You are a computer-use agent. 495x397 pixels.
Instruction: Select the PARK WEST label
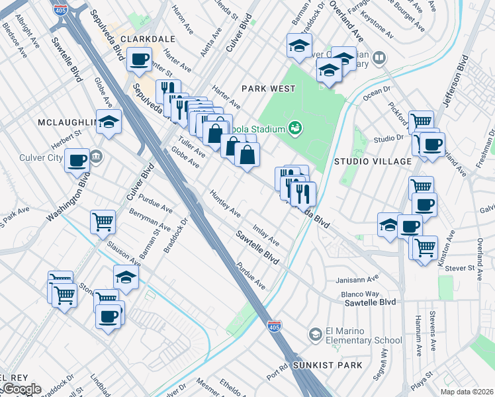(x=266, y=88)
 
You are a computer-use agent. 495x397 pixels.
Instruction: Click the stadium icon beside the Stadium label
(x=296, y=128)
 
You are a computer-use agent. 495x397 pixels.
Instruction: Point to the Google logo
(x=21, y=389)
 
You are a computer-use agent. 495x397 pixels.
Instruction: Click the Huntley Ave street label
(x=225, y=203)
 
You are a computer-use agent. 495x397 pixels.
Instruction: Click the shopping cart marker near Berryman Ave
(x=103, y=223)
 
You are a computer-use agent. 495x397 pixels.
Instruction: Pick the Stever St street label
(x=461, y=268)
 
